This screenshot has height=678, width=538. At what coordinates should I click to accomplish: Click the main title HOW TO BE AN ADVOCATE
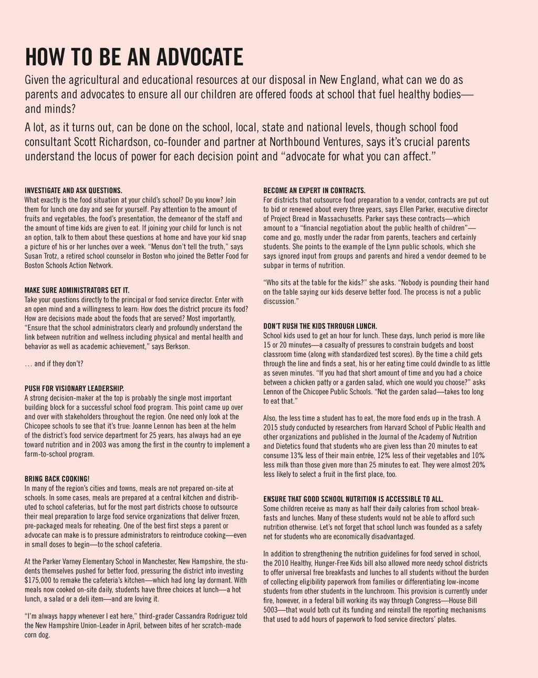pos(134,57)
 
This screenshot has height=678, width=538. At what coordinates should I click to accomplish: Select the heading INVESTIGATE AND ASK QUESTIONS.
pos(73,191)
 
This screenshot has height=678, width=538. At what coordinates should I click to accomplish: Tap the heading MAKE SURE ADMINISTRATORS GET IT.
pos(77,290)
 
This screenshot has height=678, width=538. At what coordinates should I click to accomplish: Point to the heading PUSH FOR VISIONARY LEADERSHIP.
pos(74,389)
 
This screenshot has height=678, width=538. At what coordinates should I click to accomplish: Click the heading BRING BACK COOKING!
pos(57,479)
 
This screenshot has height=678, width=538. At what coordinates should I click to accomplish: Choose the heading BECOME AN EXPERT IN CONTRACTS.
pos(314,191)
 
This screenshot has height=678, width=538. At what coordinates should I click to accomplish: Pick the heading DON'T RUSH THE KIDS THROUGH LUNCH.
pos(320,326)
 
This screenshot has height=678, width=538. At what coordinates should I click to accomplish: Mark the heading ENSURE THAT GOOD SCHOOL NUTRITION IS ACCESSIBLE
pos(353,499)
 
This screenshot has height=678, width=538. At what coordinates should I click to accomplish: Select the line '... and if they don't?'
pos(54,363)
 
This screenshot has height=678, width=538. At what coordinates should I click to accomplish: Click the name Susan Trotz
pos(42,256)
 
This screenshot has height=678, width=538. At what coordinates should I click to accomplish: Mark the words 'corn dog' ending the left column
pos(37,635)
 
